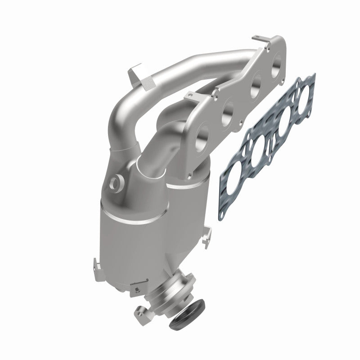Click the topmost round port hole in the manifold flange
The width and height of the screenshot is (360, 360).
click(276, 59)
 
